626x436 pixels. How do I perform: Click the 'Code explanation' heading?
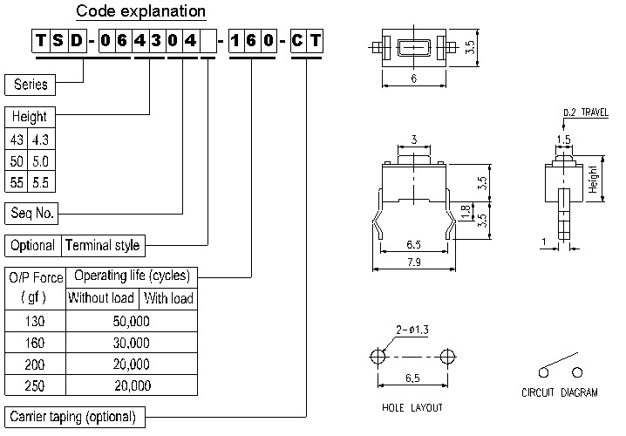pos(140,11)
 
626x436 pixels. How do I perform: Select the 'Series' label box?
pos(31,85)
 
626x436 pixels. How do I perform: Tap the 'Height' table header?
pos(30,117)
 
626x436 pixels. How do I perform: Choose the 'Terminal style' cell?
pos(102,245)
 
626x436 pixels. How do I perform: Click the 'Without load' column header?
pos(101,298)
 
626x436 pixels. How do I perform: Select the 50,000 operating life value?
pos(132,321)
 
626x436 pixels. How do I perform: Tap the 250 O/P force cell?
pos(34,385)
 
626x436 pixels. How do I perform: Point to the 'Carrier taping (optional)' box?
pos(72,416)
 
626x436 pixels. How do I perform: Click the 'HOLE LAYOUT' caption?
pos(412,407)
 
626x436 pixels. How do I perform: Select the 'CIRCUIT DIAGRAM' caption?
pos(560,392)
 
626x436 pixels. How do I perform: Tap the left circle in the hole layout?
pos(378,357)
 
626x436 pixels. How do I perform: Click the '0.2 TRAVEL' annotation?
pos(585,112)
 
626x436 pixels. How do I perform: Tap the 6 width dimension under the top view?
pos(412,77)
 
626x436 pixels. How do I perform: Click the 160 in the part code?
pos(252,41)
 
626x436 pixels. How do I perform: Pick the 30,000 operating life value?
pos(132,343)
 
